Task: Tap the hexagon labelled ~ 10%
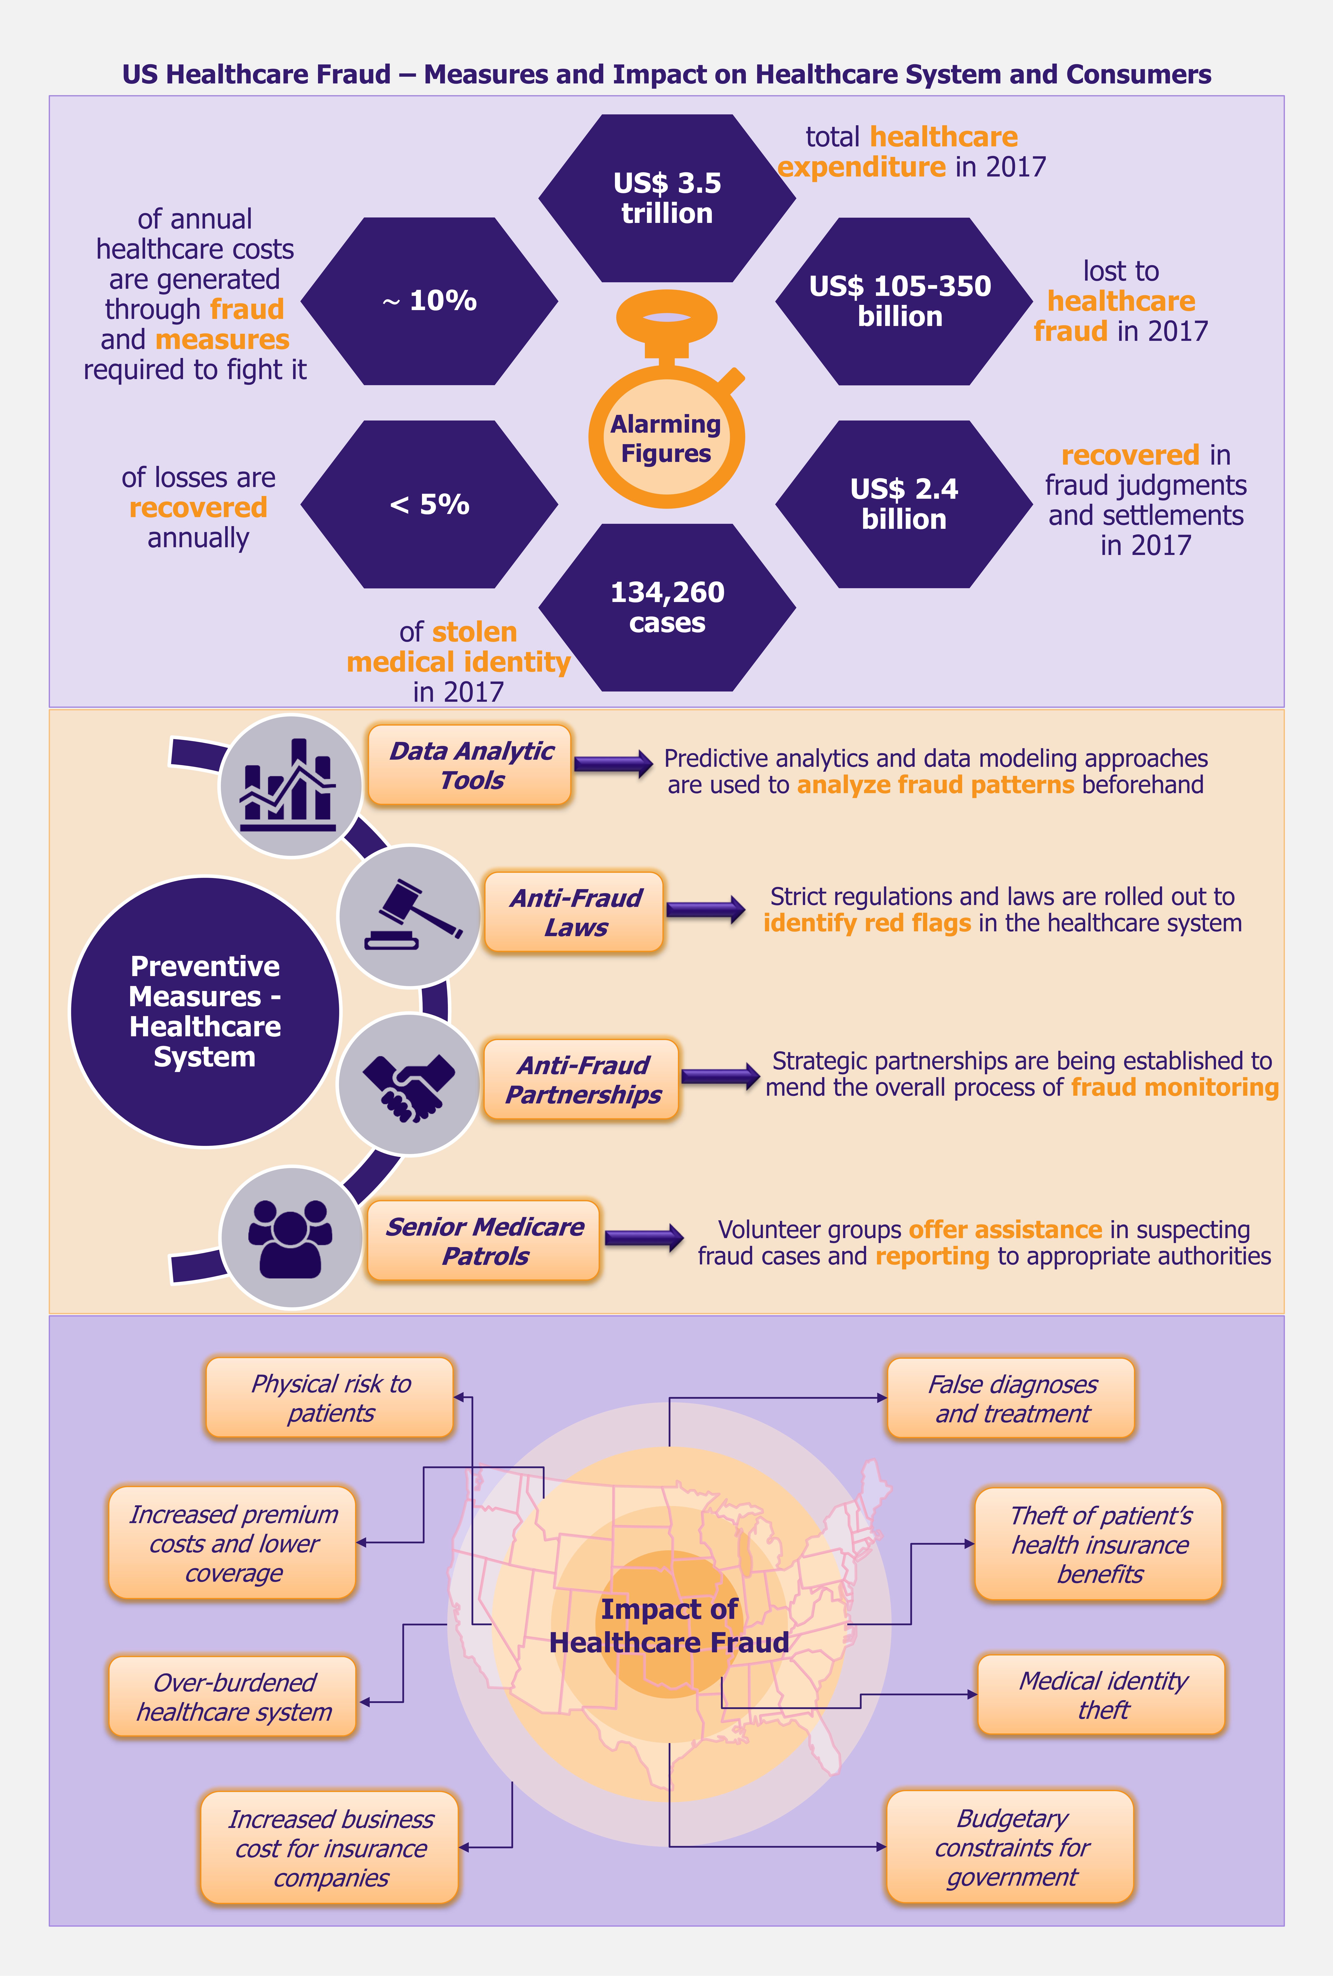429,301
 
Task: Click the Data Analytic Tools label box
470,765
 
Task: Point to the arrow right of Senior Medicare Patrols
644,1237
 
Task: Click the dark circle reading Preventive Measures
205,1011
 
